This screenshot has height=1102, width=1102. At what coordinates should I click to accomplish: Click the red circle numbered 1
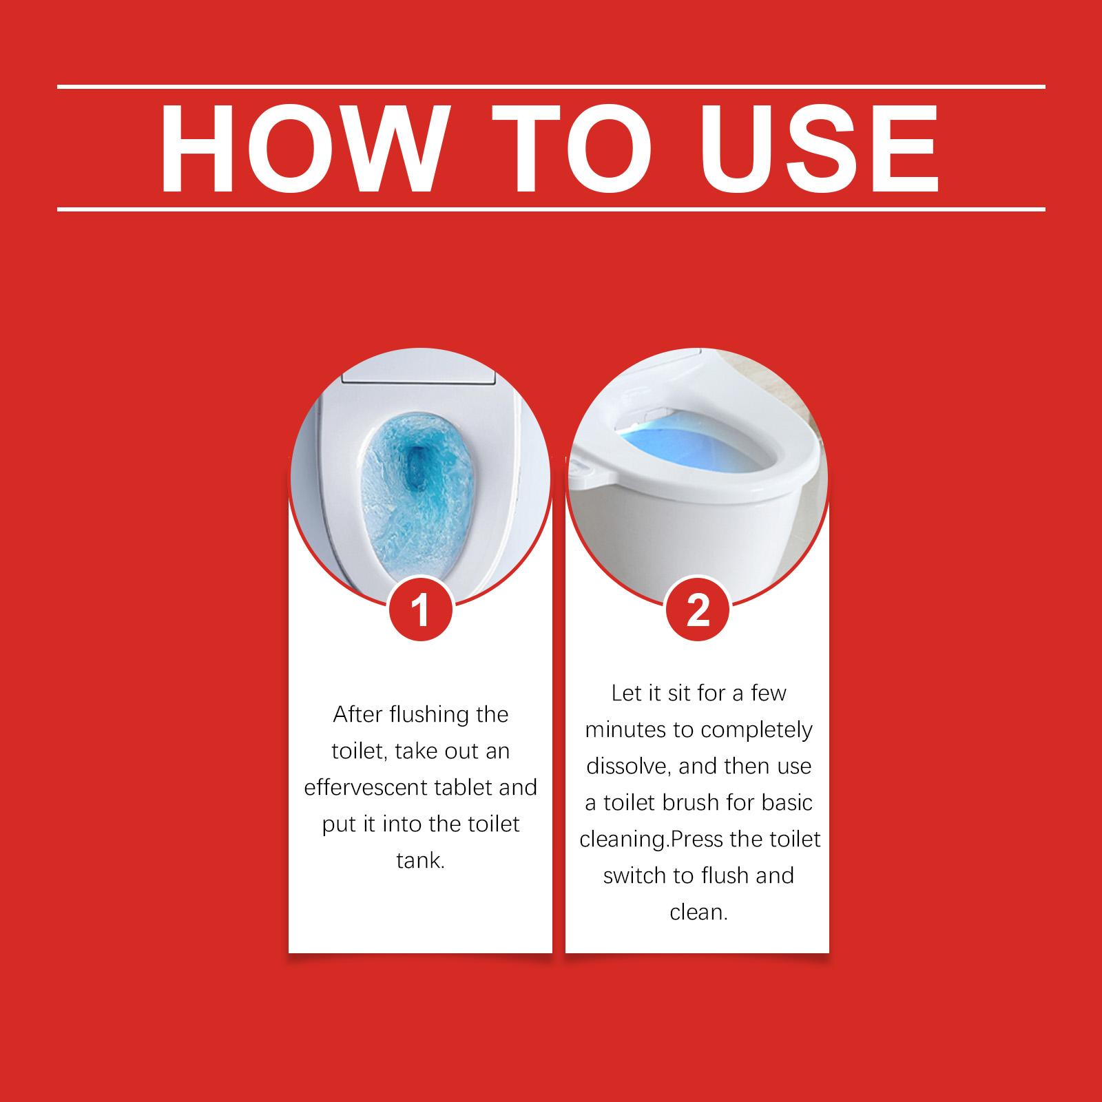420,610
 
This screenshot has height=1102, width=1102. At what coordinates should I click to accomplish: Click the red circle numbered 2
698,610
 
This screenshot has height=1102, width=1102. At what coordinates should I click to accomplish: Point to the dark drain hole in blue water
417,468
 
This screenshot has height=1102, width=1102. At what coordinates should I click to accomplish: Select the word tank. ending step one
420,861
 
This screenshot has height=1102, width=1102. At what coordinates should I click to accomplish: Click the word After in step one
358,714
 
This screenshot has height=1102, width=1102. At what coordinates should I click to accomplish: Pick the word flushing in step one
430,715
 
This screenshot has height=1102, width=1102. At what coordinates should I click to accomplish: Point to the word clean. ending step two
698,913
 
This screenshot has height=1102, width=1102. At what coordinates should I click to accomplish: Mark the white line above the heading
551,87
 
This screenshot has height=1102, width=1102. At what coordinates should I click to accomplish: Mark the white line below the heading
551,208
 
